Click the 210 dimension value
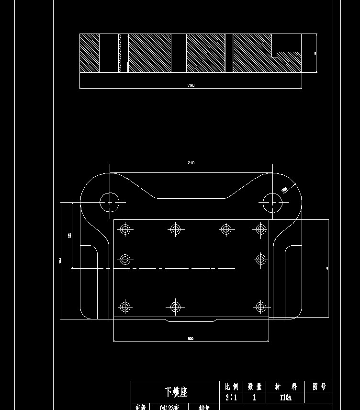click(191, 163)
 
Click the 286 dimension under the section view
click(191, 86)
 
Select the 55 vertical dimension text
click(69, 235)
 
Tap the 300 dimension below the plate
click(191, 339)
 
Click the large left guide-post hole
click(110, 202)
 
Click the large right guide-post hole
click(272, 202)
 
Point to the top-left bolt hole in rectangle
click(125, 229)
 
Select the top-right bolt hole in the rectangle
click(260, 229)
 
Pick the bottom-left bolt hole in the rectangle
click(125, 307)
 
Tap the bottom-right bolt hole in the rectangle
click(260, 307)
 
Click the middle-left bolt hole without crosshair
click(125, 260)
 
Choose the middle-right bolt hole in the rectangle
click(260, 260)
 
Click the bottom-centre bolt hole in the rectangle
click(176, 307)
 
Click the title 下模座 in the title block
click(176, 392)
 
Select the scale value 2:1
click(231, 398)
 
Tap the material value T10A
click(285, 398)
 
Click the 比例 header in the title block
click(231, 387)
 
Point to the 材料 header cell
click(285, 387)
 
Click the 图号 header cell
click(319, 387)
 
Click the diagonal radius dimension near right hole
click(284, 190)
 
